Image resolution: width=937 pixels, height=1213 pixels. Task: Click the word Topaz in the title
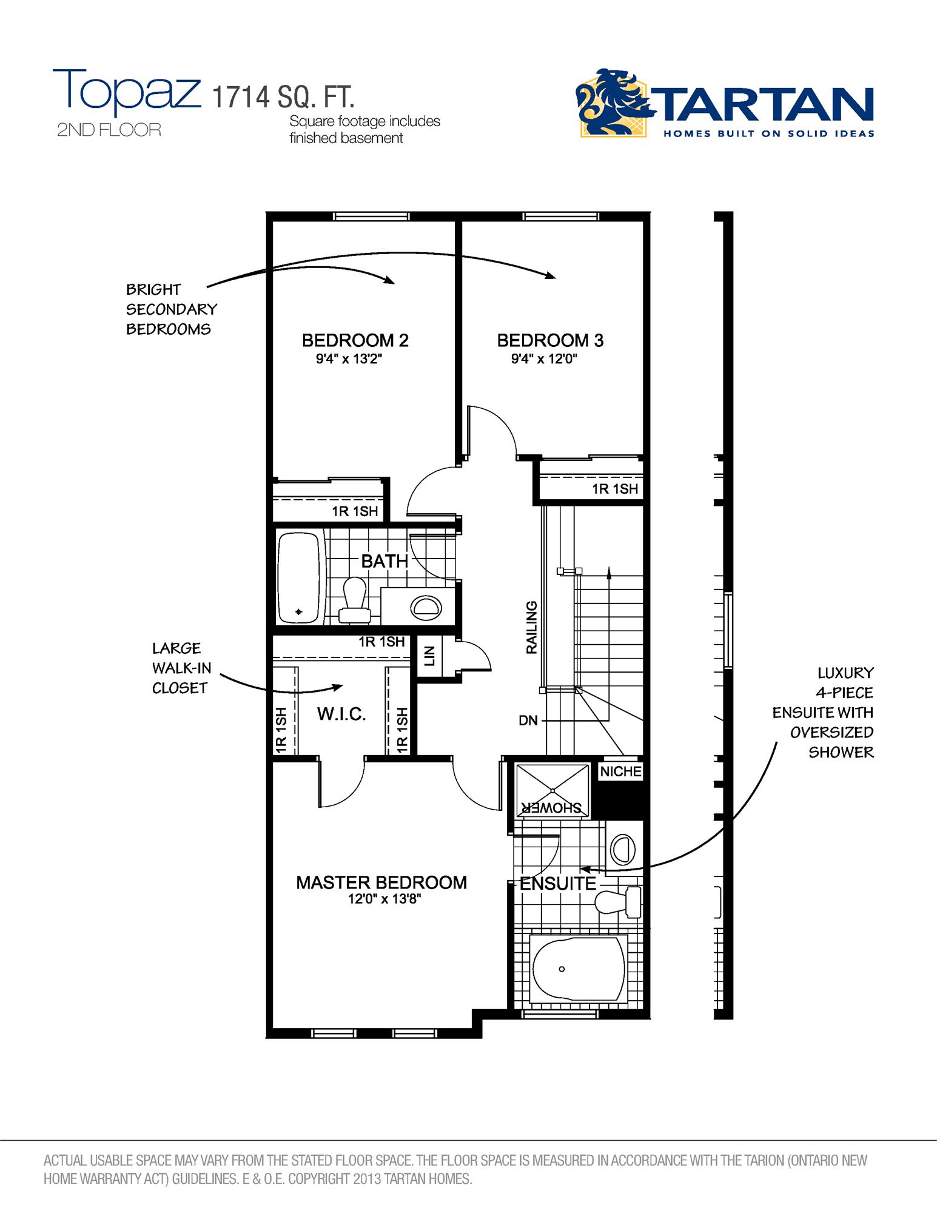coord(127,93)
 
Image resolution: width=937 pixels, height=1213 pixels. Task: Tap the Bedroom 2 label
coord(355,340)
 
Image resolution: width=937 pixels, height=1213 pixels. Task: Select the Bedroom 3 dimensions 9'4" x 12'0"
coord(544,359)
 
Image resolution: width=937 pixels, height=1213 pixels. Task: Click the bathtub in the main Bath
coord(298,578)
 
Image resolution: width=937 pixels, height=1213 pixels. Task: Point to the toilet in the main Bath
coord(354,600)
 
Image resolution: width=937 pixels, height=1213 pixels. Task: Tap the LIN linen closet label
coord(430,656)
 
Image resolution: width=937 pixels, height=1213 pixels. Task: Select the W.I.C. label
coord(341,714)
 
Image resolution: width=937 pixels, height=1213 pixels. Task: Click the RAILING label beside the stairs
coord(531,627)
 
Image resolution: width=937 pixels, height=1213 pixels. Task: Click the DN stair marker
coord(528,721)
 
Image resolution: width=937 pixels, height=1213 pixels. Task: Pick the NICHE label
coord(620,771)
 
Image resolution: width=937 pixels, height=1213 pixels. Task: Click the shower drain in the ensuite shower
coord(553,790)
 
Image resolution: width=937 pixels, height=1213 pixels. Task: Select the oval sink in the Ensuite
coord(622,849)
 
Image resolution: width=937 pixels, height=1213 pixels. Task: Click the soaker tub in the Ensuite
coord(578,969)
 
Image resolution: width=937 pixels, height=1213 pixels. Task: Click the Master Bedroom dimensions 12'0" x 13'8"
coord(384,899)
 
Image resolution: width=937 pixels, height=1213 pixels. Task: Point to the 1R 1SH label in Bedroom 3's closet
coord(615,489)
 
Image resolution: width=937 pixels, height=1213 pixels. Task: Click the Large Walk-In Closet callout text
coord(181,668)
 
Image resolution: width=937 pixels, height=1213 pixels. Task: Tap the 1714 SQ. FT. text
coord(283,97)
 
